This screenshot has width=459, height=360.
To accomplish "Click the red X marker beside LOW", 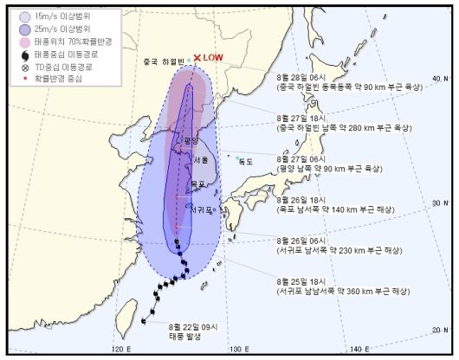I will point(197,58).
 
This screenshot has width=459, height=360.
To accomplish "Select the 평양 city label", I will point(191,139).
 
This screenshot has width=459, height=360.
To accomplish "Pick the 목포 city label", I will point(197,183).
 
